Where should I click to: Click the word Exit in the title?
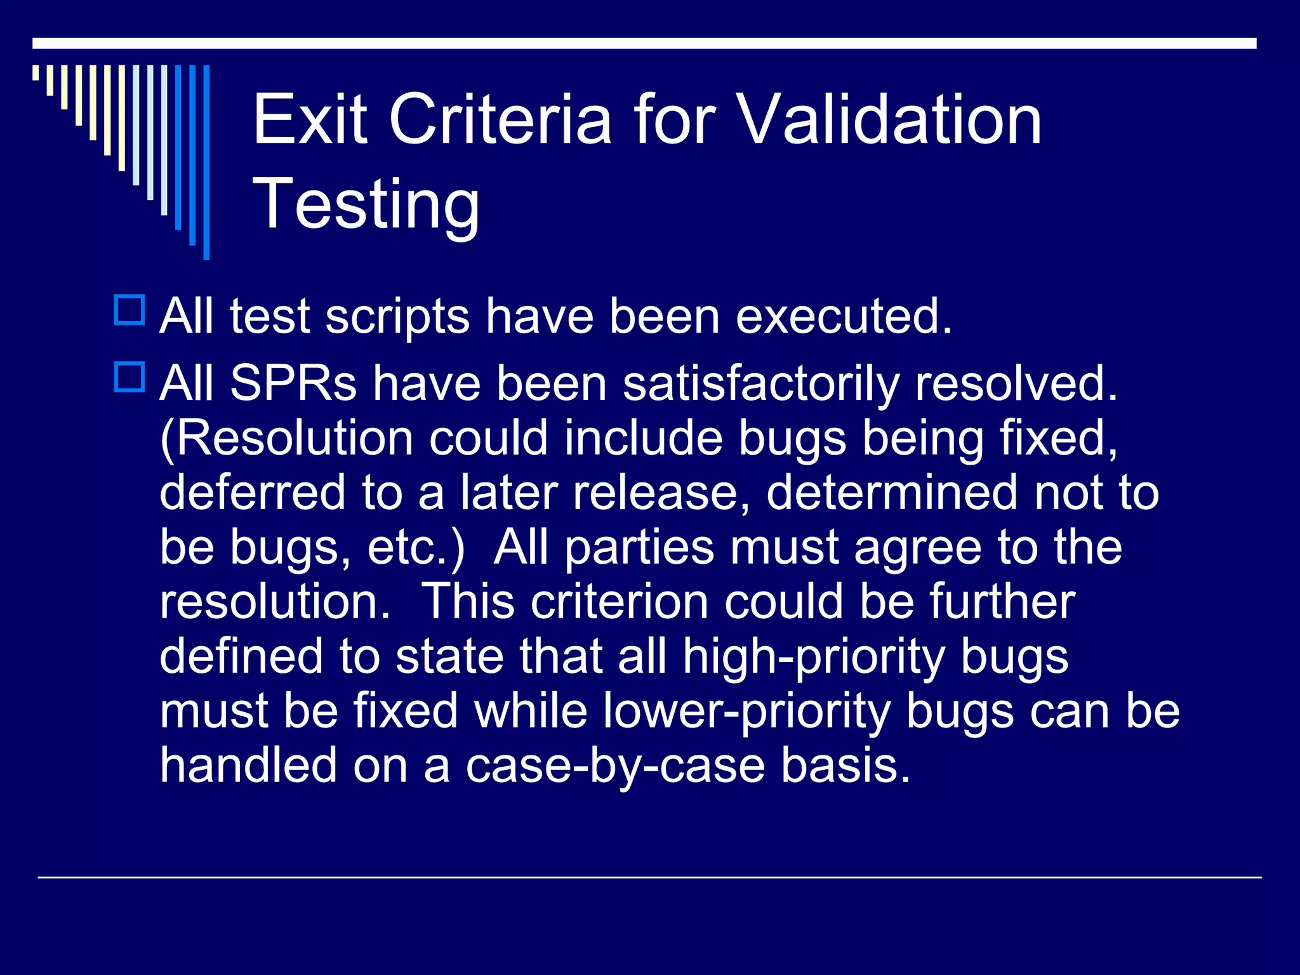pyautogui.click(x=310, y=119)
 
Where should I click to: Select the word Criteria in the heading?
pyautogui.click(x=500, y=119)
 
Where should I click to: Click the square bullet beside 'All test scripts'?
pyautogui.click(x=129, y=310)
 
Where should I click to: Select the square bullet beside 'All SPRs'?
pyautogui.click(x=129, y=377)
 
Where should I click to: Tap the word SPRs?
pyautogui.click(x=293, y=383)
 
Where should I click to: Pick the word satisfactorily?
pyautogui.click(x=761, y=385)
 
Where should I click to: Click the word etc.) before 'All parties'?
pyautogui.click(x=416, y=547)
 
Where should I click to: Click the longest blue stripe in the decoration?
pyautogui.click(x=206, y=162)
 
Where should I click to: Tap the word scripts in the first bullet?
pyautogui.click(x=397, y=317)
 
